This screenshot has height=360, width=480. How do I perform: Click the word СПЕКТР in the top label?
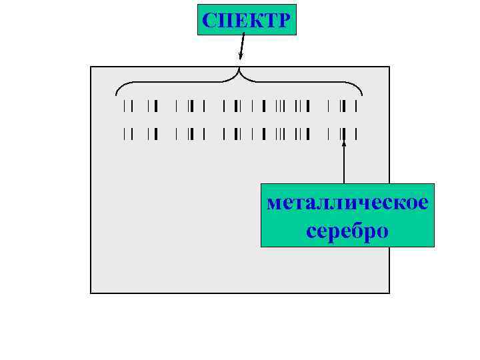click(x=247, y=20)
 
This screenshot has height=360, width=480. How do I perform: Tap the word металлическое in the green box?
click(x=347, y=203)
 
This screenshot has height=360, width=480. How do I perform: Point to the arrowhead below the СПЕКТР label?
click(x=241, y=59)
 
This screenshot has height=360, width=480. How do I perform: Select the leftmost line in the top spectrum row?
click(x=124, y=105)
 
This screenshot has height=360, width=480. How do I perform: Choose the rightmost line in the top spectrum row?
click(x=357, y=105)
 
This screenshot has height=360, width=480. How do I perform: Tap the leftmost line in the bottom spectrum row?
click(x=124, y=135)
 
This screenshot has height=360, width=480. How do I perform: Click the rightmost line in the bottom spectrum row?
click(x=357, y=135)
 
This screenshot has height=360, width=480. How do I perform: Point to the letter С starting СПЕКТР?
click(x=209, y=21)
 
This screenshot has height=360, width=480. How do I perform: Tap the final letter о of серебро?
click(x=382, y=231)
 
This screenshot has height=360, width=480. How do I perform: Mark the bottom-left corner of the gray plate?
click(x=91, y=293)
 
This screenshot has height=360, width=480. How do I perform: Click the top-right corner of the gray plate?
click(x=389, y=67)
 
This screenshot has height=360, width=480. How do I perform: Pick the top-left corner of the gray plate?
click(x=91, y=67)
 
